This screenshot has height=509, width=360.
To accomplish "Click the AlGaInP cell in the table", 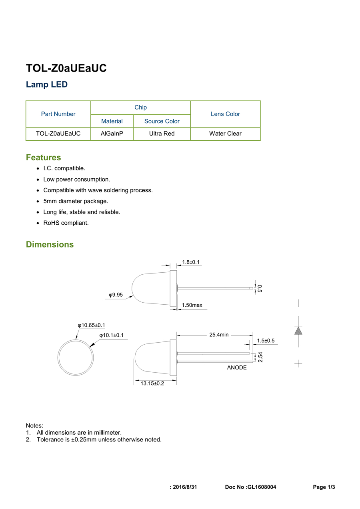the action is pyautogui.click(x=112, y=134).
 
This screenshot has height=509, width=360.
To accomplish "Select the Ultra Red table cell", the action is pyautogui.click(x=162, y=134).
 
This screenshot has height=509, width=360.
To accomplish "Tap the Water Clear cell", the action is pyautogui.click(x=225, y=134).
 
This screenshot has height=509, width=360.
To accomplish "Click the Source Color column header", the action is pyautogui.click(x=162, y=121).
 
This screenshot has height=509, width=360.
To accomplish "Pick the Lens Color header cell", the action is pyautogui.click(x=225, y=114).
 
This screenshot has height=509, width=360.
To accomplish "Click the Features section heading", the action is pyautogui.click(x=44, y=158).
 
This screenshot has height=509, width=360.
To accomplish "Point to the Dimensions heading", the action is pyautogui.click(x=50, y=244).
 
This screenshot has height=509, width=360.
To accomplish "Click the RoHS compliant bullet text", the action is pyautogui.click(x=66, y=223).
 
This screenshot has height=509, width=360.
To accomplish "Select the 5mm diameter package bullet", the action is pyautogui.click(x=76, y=201).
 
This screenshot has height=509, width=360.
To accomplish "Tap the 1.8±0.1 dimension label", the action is pyautogui.click(x=191, y=262).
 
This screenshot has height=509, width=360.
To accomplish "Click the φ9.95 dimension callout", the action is pyautogui.click(x=116, y=295).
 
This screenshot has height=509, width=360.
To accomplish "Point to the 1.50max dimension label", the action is pyautogui.click(x=192, y=305).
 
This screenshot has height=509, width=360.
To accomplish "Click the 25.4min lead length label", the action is pyautogui.click(x=219, y=335).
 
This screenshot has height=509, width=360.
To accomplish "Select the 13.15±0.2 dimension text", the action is pyautogui.click(x=152, y=383).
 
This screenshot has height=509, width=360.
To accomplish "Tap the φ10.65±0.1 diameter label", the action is pyautogui.click(x=91, y=325).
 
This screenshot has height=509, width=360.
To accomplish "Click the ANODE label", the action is pyautogui.click(x=237, y=367).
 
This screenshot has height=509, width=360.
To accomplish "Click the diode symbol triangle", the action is pyautogui.click(x=298, y=331).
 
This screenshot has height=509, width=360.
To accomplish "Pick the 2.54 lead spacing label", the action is pyautogui.click(x=260, y=357).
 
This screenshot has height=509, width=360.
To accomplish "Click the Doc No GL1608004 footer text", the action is pyautogui.click(x=250, y=487).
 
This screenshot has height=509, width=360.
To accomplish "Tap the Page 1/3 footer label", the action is pyautogui.click(x=324, y=487).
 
